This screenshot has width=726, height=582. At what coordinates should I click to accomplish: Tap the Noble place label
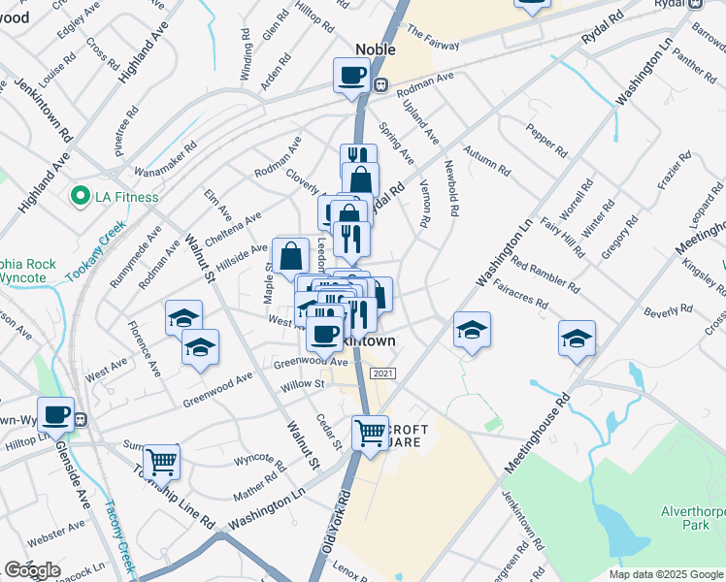point(376,49)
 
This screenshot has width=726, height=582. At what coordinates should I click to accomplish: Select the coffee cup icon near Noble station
point(350,75)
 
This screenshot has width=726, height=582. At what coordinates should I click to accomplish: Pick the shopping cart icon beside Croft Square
point(369,432)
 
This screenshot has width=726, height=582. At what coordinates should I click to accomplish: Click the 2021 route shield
point(382,373)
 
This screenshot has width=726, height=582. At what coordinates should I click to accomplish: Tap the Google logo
point(33,570)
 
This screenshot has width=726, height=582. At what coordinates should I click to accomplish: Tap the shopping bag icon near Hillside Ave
point(290,255)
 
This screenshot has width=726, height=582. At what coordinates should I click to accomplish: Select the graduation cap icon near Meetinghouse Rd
point(577,339)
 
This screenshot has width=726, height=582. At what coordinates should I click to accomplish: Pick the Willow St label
point(303,385)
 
